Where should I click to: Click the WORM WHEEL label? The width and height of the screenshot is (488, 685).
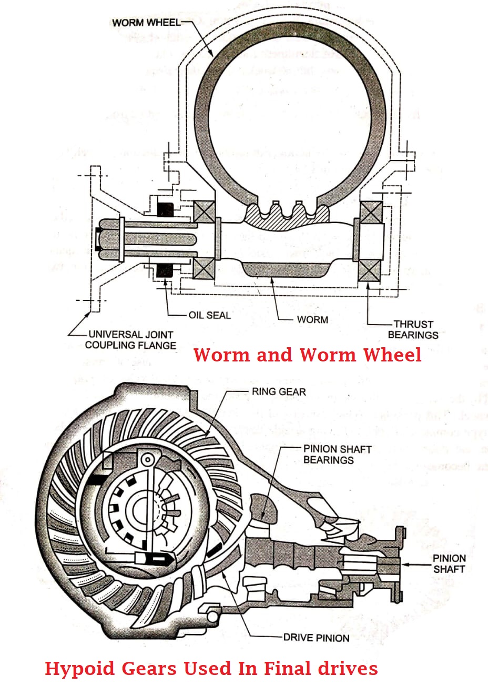point(146,23)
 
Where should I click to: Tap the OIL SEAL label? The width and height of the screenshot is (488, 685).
point(209,315)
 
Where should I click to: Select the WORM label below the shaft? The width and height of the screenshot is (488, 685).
point(312,319)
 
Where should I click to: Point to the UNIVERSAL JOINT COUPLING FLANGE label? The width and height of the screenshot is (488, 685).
point(130,340)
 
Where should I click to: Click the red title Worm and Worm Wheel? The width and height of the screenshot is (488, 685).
point(307,355)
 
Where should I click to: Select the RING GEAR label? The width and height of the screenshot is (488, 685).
point(279,391)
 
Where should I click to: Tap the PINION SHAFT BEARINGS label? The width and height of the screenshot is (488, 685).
point(337,455)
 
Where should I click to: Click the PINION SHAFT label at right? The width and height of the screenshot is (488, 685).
point(449,563)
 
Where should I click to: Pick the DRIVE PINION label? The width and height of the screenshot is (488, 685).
point(316,638)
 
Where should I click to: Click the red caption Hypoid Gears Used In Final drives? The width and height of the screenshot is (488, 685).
point(211,668)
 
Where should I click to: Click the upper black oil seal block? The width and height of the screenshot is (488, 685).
point(165,209)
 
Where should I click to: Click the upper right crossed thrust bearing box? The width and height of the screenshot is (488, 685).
point(371,213)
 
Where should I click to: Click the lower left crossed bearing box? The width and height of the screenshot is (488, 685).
point(203,269)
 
